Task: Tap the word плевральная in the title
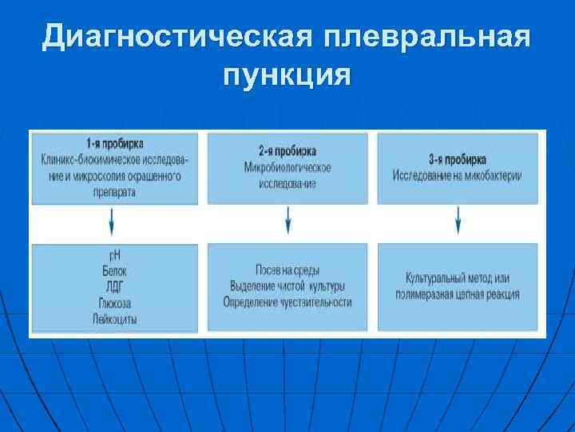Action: pos(428,37)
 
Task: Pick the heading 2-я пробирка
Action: pos(287,151)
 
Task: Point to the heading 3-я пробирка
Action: pos(457,159)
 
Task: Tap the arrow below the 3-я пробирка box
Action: pos(458,220)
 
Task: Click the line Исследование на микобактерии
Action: pos(457,175)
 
